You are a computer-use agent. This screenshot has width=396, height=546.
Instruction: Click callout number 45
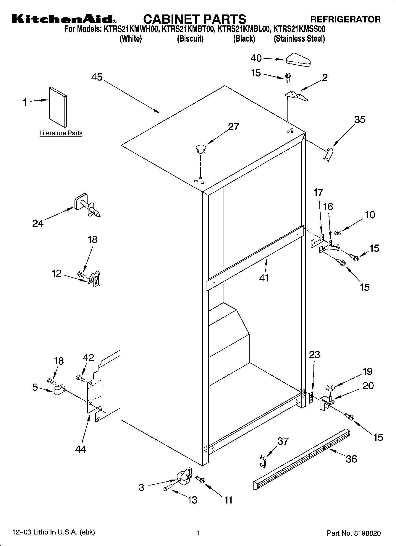tap(97, 77)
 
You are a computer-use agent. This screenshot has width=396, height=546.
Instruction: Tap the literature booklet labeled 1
tap(58, 107)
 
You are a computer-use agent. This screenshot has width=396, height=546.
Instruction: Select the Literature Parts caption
tap(61, 133)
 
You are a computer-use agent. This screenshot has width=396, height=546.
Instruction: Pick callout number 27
tap(233, 127)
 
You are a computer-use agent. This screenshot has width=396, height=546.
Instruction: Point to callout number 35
tap(360, 120)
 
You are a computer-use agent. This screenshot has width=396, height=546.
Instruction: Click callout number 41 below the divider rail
tap(264, 278)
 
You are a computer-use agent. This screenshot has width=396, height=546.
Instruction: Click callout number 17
tap(319, 193)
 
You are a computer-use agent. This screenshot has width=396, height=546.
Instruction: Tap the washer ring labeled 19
tap(329, 387)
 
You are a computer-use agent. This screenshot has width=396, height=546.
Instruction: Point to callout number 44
tap(81, 449)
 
